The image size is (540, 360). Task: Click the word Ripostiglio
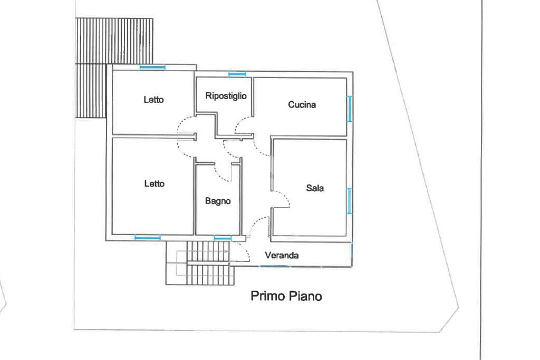(226, 96)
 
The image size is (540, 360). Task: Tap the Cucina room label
(302, 104)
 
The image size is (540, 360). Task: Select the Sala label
(315, 188)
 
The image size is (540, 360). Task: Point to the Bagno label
(218, 201)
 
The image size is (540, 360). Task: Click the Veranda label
(282, 255)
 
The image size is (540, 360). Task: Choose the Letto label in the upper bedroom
(153, 100)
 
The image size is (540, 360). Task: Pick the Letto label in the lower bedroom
(155, 183)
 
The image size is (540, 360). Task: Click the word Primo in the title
(267, 296)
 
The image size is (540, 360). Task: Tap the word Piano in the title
(305, 296)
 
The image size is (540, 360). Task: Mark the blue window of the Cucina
(350, 109)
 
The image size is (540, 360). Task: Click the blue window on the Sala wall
(350, 201)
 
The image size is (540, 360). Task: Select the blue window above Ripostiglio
(237, 74)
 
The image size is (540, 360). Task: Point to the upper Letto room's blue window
(152, 67)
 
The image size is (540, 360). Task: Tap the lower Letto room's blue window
(148, 238)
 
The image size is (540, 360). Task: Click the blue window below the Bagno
(223, 238)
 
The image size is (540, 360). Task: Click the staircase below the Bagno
(200, 263)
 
